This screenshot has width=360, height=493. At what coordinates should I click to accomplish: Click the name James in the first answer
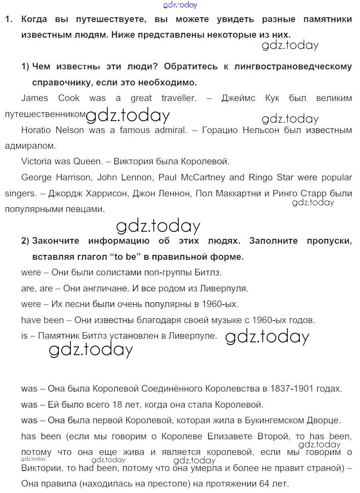(x=34, y=98)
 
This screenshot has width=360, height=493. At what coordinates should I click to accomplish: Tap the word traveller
(x=179, y=98)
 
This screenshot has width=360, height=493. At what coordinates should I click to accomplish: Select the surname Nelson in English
(x=71, y=130)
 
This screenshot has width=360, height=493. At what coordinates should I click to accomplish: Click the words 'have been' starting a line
(x=42, y=320)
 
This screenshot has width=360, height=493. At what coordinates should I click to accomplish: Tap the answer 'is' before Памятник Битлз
(x=24, y=336)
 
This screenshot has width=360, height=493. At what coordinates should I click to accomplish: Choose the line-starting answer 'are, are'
(x=37, y=289)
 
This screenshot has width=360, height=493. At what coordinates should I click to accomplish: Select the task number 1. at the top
(x=9, y=19)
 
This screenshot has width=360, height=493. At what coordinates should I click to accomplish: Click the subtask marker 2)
(x=25, y=241)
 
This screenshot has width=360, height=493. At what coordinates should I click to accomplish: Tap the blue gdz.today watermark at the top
(x=180, y=5)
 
